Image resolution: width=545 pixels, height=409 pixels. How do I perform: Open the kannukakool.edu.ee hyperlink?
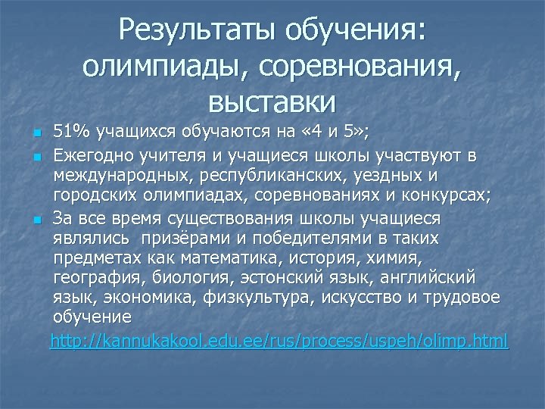pos(279,342)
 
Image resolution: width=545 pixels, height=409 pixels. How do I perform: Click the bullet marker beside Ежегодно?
pos(36,157)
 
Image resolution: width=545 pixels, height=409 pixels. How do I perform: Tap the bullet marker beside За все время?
pos(36,220)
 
